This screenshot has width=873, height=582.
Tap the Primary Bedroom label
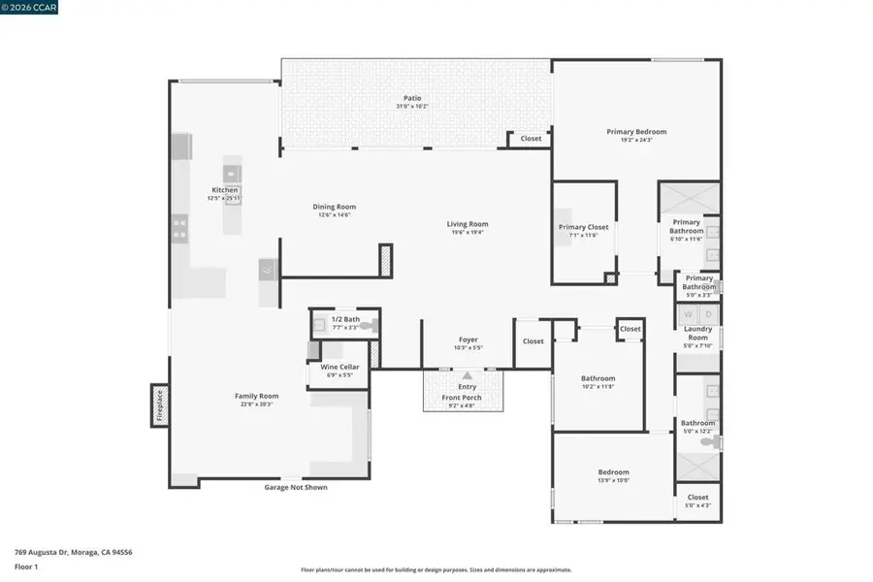point(636,132)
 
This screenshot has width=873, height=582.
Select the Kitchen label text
point(217,190)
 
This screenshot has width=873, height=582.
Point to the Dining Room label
point(334,206)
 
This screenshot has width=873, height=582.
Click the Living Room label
point(467,224)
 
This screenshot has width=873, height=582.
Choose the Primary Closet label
point(583,227)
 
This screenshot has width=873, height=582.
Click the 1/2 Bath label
point(345,319)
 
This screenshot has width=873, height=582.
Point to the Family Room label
point(256,396)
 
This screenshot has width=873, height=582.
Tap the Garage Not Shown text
point(296,487)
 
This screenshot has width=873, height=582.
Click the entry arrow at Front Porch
point(467,375)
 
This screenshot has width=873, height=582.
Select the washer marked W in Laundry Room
point(689,314)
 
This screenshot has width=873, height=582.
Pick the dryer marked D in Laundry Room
point(709,314)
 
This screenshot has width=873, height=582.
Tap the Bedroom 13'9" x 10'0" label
point(613,472)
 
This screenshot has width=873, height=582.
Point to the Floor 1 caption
point(26,564)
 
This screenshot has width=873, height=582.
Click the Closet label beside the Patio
point(531,139)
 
